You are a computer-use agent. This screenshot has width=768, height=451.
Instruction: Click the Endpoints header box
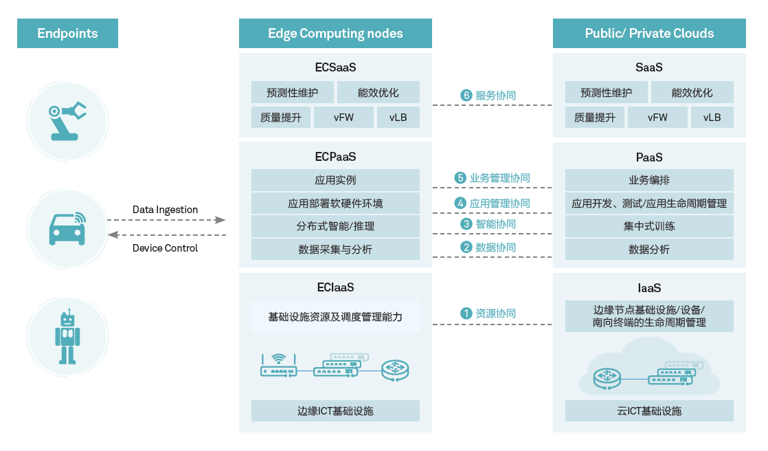67,33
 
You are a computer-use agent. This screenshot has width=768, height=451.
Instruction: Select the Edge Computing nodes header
335,33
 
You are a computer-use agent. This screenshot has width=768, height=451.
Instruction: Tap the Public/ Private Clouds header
649,33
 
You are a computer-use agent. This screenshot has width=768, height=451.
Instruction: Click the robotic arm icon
67,120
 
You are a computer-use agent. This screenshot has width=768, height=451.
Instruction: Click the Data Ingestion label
165,210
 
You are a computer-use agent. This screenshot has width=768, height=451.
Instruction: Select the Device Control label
165,248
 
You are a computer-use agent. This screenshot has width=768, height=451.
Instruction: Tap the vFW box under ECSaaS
343,118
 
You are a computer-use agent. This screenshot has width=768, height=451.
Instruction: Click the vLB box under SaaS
712,118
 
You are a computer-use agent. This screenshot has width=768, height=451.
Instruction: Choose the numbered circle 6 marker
466,96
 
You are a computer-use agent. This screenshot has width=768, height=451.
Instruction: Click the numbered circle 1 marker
466,313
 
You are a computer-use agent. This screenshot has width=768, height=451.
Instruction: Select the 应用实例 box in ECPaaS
335,181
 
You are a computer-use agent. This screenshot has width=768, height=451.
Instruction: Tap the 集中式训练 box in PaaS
649,226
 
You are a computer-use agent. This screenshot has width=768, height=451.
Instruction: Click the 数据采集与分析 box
335,250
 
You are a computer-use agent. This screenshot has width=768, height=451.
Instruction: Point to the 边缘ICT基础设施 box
335,411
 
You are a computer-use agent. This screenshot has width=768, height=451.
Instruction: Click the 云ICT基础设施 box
649,411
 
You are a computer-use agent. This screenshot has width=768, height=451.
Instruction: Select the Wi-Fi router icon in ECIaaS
278,366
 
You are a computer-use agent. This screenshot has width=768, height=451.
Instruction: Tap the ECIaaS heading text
335,288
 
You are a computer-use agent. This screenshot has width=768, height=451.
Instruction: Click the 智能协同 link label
495,224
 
